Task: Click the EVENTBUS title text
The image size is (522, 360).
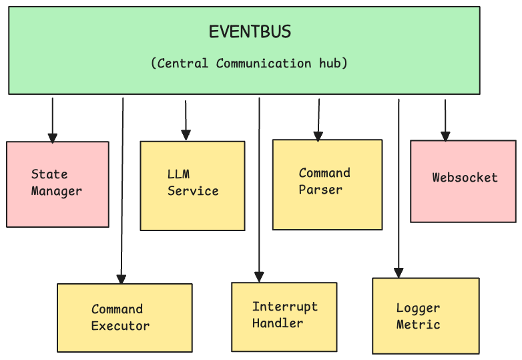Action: click(250, 32)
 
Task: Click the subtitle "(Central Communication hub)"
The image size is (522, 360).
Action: click(249, 63)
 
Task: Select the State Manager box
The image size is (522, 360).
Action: click(57, 184)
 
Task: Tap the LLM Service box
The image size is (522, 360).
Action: click(192, 185)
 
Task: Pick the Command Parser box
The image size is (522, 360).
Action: click(327, 184)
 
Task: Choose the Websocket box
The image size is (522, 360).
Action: click(463, 180)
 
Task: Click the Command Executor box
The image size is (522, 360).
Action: click(124, 317)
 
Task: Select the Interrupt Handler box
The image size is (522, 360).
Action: click(284, 316)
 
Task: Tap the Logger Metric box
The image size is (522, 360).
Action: click(425, 315)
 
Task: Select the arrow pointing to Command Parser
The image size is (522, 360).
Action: click(318, 119)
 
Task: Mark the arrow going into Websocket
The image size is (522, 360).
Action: click(445, 119)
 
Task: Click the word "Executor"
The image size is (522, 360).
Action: click(120, 326)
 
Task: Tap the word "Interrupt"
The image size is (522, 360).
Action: click(284, 307)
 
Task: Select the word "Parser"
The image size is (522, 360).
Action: click(320, 190)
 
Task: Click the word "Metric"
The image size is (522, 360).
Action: click(418, 325)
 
